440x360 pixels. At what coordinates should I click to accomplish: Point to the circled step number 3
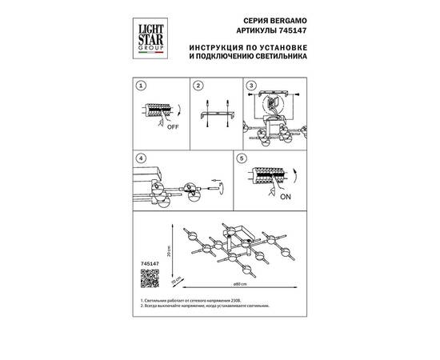(x=250, y=86)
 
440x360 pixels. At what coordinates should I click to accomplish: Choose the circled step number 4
(x=140, y=158)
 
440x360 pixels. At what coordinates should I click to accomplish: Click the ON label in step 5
(x=285, y=202)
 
